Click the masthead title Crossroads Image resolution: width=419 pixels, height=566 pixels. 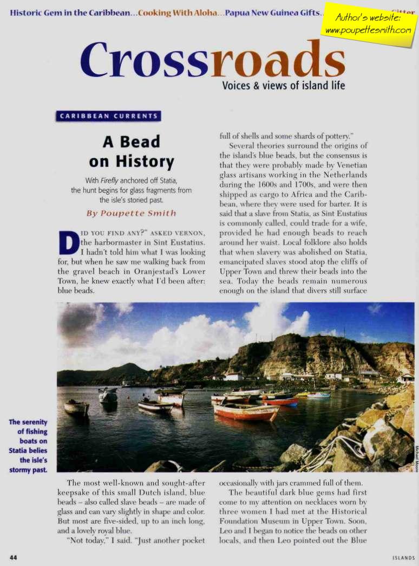pyautogui.click(x=213, y=59)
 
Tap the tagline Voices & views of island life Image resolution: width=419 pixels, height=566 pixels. pyautogui.click(x=283, y=86)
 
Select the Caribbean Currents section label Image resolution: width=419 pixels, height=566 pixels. pyautogui.click(x=109, y=116)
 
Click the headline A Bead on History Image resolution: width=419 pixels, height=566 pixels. pyautogui.click(x=132, y=151)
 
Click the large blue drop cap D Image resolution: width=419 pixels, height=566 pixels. pyautogui.click(x=67, y=243)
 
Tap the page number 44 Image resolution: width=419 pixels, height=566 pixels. pyautogui.click(x=14, y=557)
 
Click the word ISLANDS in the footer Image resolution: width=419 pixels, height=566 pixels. pyautogui.click(x=403, y=557)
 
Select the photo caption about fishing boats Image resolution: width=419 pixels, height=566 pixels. pyautogui.click(x=28, y=445)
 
